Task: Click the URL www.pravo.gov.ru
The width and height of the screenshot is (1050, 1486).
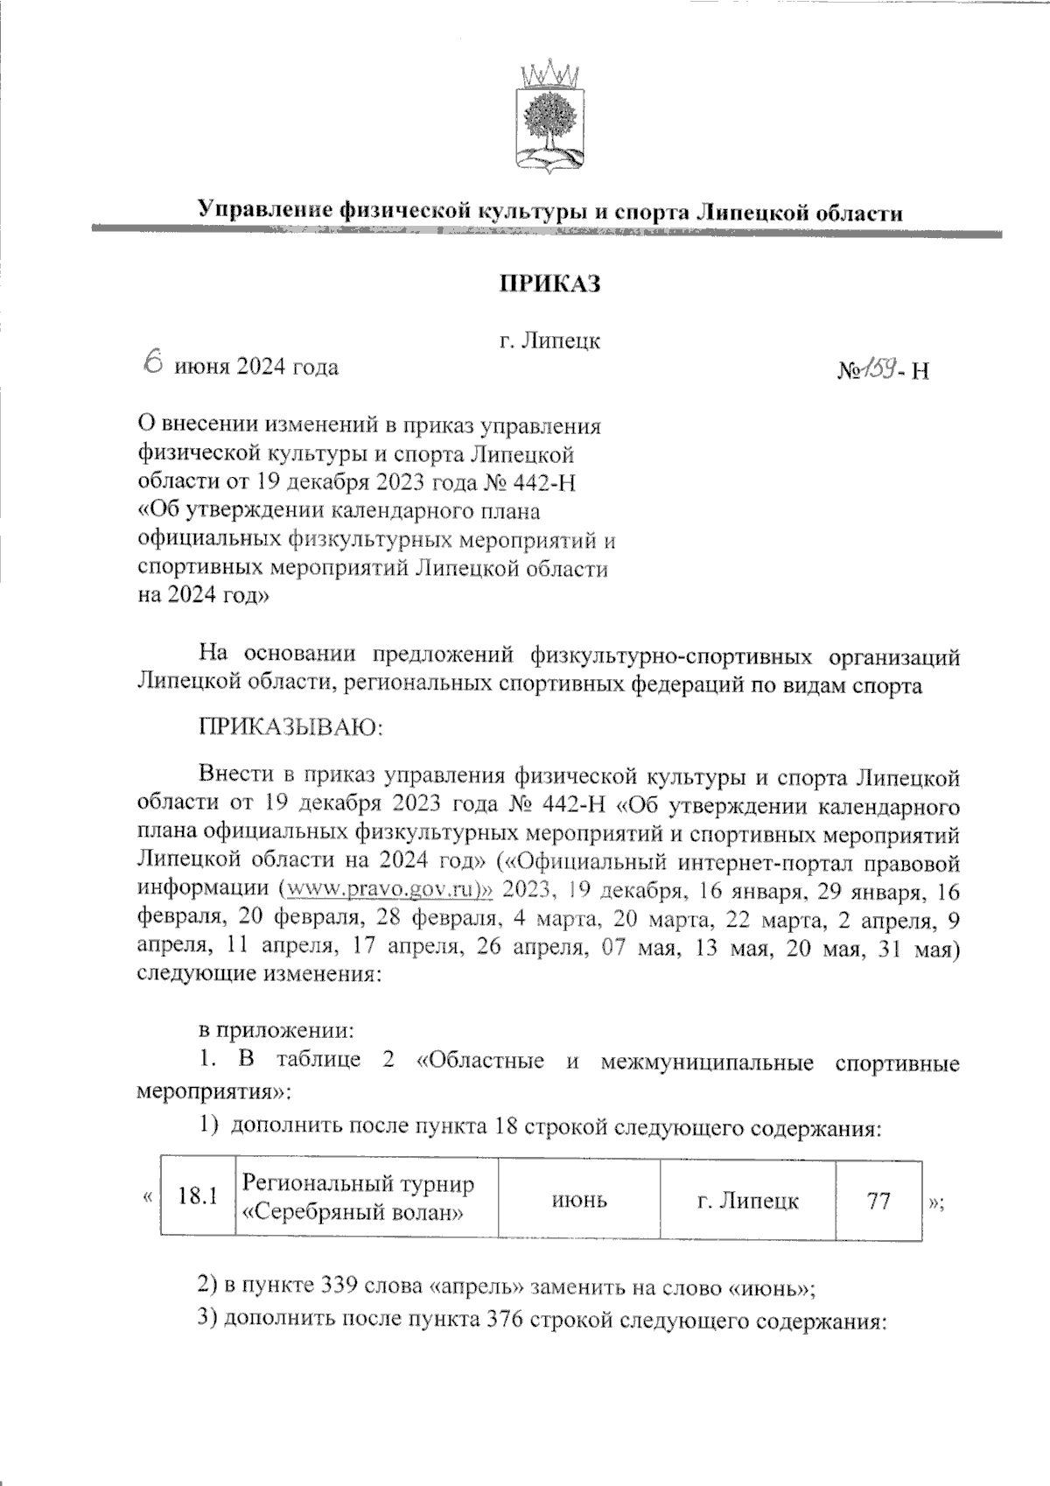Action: click(x=385, y=891)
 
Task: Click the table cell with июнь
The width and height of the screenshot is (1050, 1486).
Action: click(x=579, y=1200)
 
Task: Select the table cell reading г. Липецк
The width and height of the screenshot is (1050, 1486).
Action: click(x=748, y=1200)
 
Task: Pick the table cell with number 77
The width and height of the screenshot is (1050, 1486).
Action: click(x=878, y=1200)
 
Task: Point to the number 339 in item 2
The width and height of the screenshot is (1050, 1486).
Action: click(x=338, y=1287)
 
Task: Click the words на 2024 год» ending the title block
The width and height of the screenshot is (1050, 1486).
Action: click(x=204, y=597)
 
